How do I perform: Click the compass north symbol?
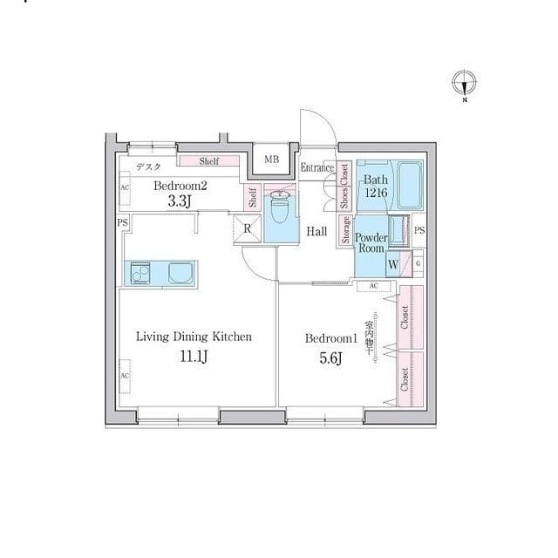point(465,84)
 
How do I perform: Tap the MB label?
point(271,160)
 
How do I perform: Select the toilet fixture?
point(280,210)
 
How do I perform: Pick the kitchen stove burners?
point(140,273)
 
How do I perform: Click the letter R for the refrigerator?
point(248,229)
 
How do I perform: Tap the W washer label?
point(393,264)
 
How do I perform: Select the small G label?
point(418,262)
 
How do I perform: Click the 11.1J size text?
point(193,355)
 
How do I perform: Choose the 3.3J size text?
point(180,201)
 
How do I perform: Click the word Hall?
point(316,232)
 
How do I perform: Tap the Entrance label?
point(317,167)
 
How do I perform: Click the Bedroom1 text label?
point(331,338)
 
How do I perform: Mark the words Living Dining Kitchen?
point(193,336)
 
